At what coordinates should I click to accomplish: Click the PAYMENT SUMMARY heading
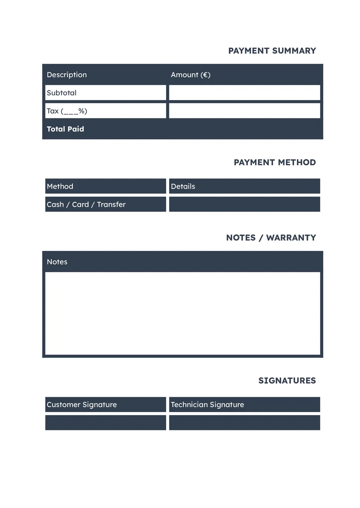point(272,51)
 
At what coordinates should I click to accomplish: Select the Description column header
point(67,75)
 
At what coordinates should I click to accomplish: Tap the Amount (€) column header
point(190,75)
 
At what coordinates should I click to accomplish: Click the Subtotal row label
point(61,93)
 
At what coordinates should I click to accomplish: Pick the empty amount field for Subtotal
point(244,93)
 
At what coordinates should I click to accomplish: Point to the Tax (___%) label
point(67,111)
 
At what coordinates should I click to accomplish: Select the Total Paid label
point(65,129)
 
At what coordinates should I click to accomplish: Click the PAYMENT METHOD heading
point(274,163)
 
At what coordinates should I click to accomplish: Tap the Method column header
point(60,187)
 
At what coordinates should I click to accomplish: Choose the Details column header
point(183,187)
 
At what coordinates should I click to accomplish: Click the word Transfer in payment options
point(111,205)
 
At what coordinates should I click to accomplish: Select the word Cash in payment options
point(55,205)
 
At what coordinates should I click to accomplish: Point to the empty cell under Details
point(244,205)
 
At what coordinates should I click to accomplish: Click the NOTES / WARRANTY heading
point(271,238)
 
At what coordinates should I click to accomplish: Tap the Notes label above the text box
point(57,262)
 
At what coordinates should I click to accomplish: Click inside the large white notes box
point(183,313)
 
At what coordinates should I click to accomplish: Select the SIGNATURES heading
point(287,381)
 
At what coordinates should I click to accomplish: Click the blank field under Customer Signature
point(105,423)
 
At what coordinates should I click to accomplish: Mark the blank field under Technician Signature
point(244,423)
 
